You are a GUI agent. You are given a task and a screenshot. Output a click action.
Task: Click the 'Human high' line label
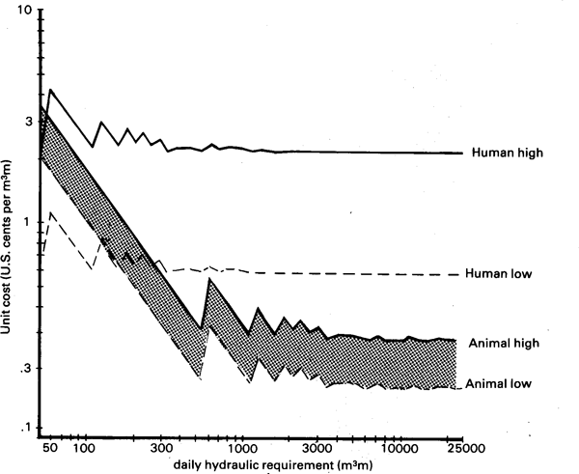pos(508,153)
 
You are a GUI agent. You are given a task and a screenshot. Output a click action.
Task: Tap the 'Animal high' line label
pos(508,343)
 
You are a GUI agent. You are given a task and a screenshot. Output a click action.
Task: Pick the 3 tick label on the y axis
pos(29,122)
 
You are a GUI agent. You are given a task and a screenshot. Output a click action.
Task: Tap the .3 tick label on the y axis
pos(26,369)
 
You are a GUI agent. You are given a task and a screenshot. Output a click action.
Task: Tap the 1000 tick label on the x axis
pos(241,449)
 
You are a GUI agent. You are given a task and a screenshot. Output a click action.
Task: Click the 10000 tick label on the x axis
pos(399,449)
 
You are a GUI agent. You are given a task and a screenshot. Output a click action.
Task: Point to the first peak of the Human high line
pos(50,90)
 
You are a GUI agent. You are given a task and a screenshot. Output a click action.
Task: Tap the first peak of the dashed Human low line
pos(51,211)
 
